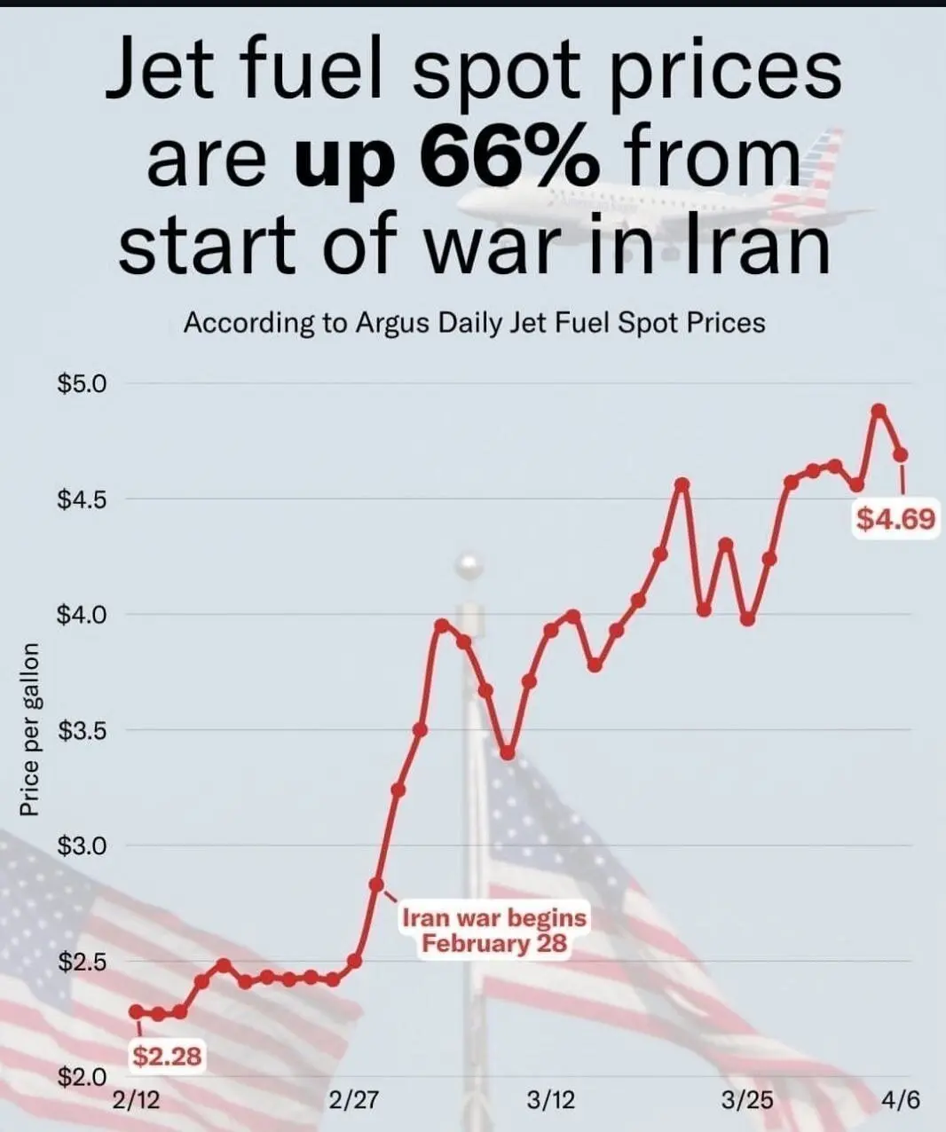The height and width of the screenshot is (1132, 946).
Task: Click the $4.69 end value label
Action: coord(895,517)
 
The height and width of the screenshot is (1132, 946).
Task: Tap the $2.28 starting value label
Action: coord(168,1056)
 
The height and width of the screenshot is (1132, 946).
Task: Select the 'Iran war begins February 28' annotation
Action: coord(494,929)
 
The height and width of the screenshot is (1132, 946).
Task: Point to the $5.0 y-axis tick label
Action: coord(82,384)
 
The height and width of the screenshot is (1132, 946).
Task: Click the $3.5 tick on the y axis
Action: coord(82,731)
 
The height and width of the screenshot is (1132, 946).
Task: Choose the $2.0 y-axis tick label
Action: coord(82,1077)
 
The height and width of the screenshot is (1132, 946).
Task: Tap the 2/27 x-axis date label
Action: coord(353,1101)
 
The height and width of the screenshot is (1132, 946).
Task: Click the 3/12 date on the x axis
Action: coord(550,1101)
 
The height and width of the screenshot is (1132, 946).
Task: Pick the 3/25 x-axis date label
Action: coord(747,1101)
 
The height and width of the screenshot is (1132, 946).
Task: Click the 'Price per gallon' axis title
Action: coord(29,729)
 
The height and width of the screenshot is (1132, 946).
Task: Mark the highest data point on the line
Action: coord(879,410)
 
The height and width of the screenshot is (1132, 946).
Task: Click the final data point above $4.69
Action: coord(902,454)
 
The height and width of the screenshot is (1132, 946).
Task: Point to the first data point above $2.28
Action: coord(136,1011)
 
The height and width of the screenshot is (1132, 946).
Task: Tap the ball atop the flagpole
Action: coord(467,565)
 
